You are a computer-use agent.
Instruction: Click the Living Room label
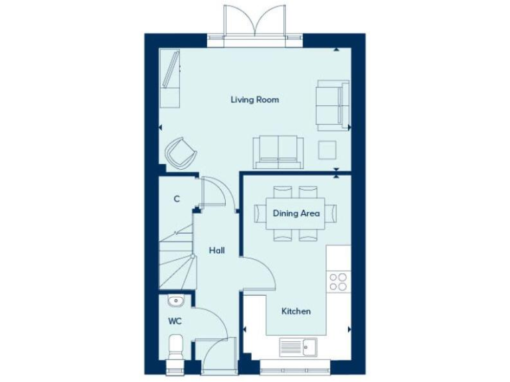(254, 100)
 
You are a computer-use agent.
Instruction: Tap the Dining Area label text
(296, 214)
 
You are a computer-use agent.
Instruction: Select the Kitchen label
(296, 311)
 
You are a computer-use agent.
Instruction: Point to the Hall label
(216, 251)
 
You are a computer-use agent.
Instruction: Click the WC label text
(174, 321)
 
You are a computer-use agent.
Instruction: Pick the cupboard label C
(177, 199)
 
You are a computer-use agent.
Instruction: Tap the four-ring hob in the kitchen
(338, 283)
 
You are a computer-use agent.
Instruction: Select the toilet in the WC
(177, 348)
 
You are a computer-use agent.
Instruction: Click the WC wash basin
(175, 302)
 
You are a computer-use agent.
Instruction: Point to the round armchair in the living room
(181, 152)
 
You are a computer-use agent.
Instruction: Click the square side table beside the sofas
(327, 150)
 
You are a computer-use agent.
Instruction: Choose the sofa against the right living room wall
(333, 105)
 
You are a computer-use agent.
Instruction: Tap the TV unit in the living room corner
(170, 78)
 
